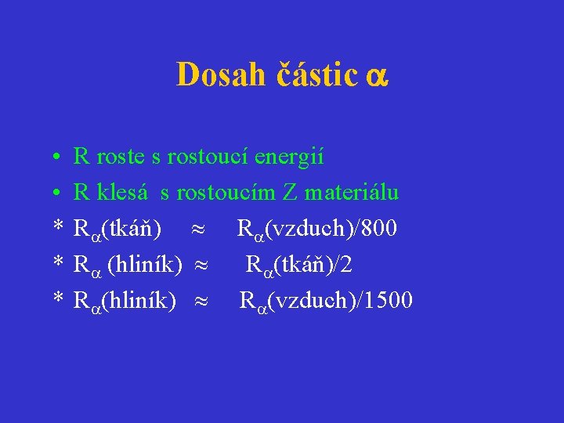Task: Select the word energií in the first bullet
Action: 291,157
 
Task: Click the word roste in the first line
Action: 121,157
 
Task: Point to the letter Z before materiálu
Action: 289,193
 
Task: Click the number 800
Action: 379,229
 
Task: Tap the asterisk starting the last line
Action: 57,301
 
